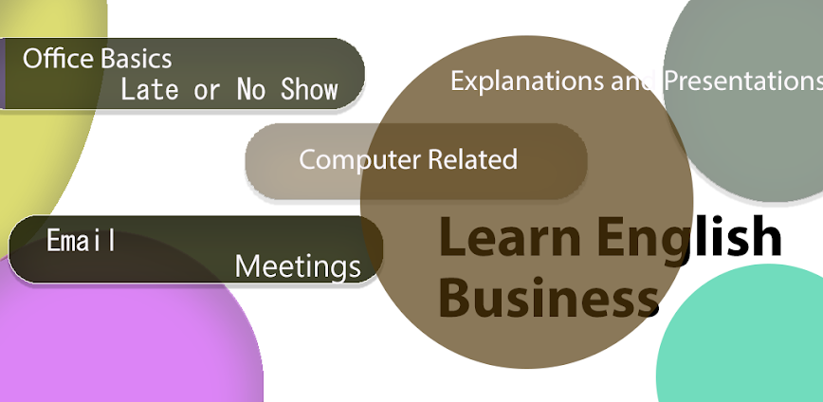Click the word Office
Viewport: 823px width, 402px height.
coord(57,59)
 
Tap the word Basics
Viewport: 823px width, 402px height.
coord(136,59)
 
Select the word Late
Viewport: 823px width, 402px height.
coord(150,90)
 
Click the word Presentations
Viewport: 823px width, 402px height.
coord(741,81)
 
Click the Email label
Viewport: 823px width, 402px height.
coord(82,241)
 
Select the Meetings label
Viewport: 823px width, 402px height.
coord(298,266)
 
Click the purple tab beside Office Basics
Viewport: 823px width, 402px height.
coord(3,74)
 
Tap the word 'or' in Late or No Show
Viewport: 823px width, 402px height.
coord(207,90)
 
